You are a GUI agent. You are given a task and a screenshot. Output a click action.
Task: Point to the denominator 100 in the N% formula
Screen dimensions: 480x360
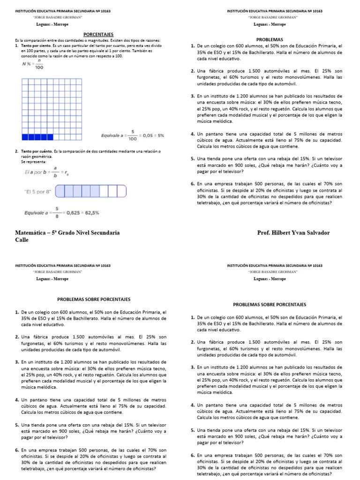point(39,67)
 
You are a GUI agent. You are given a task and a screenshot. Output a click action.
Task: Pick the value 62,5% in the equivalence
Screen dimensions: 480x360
point(90,213)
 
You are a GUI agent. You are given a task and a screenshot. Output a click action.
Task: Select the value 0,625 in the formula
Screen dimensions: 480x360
point(72,213)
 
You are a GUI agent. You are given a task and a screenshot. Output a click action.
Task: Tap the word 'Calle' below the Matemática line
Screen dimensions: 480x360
point(22,240)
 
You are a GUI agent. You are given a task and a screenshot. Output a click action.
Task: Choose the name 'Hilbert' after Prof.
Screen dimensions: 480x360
point(285,232)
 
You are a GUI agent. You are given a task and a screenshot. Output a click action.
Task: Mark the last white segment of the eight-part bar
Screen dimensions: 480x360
point(123,192)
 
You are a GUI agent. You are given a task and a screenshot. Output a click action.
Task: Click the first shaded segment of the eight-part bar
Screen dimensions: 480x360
point(60,192)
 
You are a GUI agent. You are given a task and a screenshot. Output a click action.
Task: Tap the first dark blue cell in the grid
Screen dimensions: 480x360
point(25,137)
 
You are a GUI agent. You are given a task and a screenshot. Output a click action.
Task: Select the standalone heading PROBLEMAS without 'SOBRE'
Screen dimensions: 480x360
point(270,40)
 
